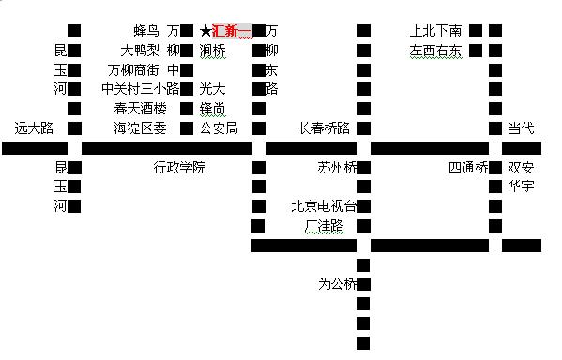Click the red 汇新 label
tap(233, 31)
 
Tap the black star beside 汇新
tap(205, 31)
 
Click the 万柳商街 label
tap(134, 69)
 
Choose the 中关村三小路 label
tap(140, 89)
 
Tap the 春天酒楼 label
tap(141, 109)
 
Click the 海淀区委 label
tap(141, 128)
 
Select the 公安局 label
tap(220, 128)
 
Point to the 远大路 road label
tap(35, 128)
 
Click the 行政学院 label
tap(179, 168)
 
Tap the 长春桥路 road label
tap(324, 128)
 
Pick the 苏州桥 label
tap(337, 169)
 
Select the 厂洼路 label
tap(324, 227)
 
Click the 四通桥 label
tap(467, 169)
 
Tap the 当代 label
tap(521, 128)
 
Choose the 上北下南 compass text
tap(436, 31)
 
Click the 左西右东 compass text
tap(436, 51)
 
